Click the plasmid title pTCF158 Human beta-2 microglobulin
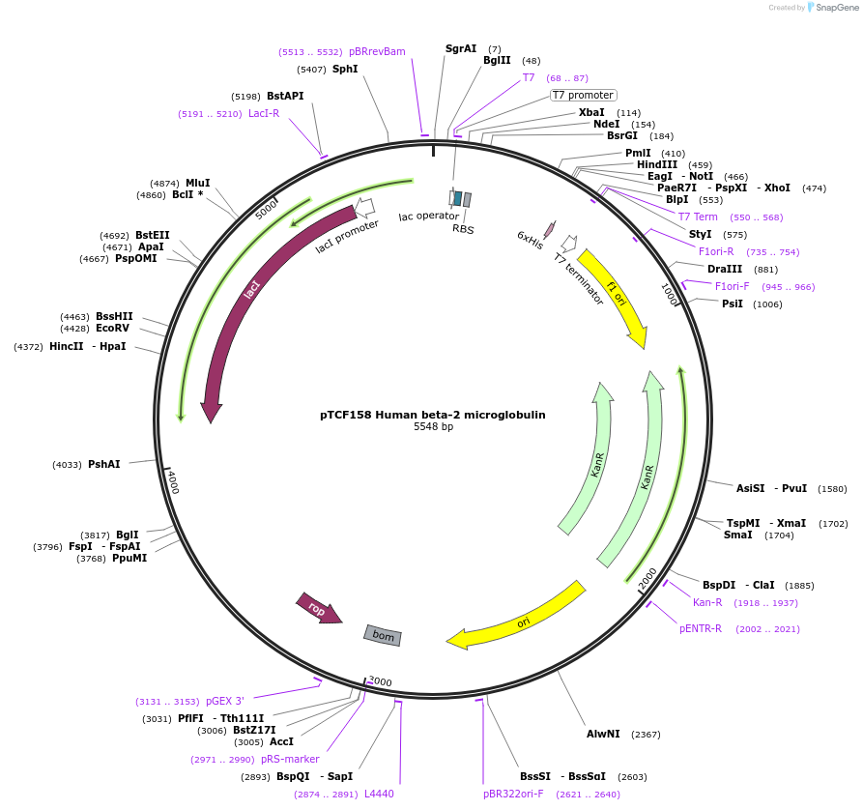pos(432,415)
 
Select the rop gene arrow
pos(318,609)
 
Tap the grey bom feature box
pos(383,635)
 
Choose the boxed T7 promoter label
pos(583,95)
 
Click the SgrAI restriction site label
pos(461,48)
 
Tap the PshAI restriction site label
pos(104,465)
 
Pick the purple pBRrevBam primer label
pos(377,51)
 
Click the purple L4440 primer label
pos(379,794)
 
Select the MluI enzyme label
pos(198,183)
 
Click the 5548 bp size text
pos(433,426)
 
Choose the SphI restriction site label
pos(345,70)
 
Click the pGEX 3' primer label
pos(225,702)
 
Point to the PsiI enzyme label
pos(733,304)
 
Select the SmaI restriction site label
pos(738,535)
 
